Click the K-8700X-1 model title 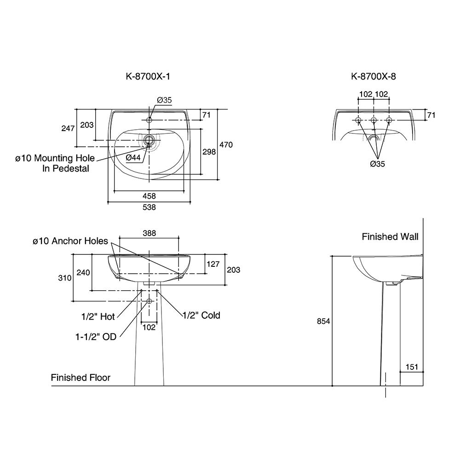click(148, 77)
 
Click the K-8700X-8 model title click(373, 77)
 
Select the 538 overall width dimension click(149, 207)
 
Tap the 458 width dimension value click(149, 196)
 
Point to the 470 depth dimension click(226, 145)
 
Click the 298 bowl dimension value click(209, 152)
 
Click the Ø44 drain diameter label click(133, 158)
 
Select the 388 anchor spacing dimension click(149, 233)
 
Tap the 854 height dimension click(323, 322)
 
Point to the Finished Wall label click(390, 237)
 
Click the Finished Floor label click(80, 378)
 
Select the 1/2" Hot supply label click(98, 316)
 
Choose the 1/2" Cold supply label click(201, 315)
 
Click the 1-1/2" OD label click(96, 337)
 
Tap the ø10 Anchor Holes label click(70, 241)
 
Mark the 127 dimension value click(213, 264)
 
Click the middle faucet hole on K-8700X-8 click(374, 121)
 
